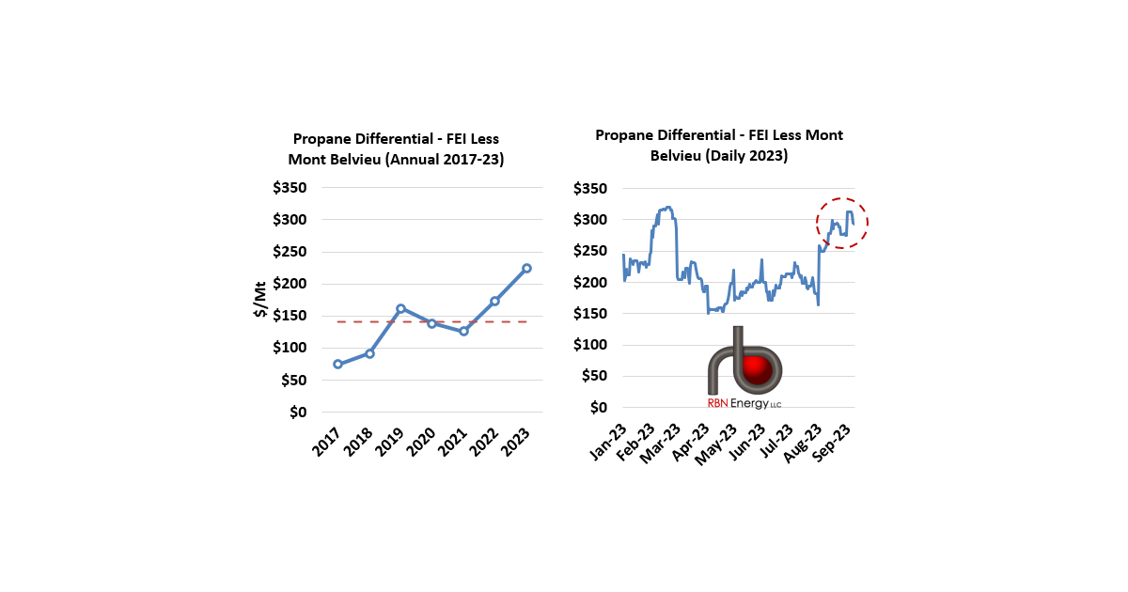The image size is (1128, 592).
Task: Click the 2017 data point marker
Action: (337, 364)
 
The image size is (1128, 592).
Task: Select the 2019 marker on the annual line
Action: (400, 308)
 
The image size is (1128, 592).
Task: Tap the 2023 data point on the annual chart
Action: (526, 268)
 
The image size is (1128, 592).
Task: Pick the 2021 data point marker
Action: (463, 331)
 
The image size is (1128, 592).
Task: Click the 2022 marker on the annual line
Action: (494, 301)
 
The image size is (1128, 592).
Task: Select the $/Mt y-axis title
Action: (260, 300)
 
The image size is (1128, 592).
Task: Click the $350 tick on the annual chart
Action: (290, 188)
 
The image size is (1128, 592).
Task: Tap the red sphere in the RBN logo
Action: (757, 368)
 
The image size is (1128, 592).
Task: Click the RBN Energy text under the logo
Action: (744, 403)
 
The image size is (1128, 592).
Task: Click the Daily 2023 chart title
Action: (719, 145)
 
